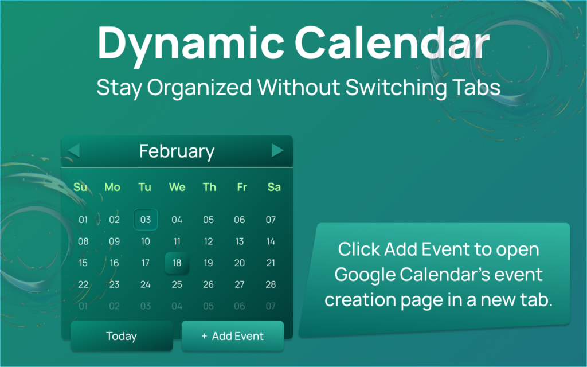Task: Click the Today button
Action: [122, 336]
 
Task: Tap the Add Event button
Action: [233, 336]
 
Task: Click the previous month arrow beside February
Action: [74, 151]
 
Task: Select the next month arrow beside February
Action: [277, 151]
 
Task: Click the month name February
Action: [177, 151]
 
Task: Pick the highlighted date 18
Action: [177, 263]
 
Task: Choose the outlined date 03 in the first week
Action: [146, 220]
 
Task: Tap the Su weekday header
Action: [80, 187]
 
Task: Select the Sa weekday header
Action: [274, 187]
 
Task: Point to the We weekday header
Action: [177, 187]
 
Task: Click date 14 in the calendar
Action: [271, 241]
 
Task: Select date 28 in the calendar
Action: [271, 284]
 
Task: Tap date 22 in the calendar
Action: [83, 284]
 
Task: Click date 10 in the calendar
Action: [146, 241]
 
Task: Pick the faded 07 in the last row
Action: [271, 306]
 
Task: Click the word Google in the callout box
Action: [365, 275]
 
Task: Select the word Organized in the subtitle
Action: [199, 88]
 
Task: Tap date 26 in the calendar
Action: [208, 284]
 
